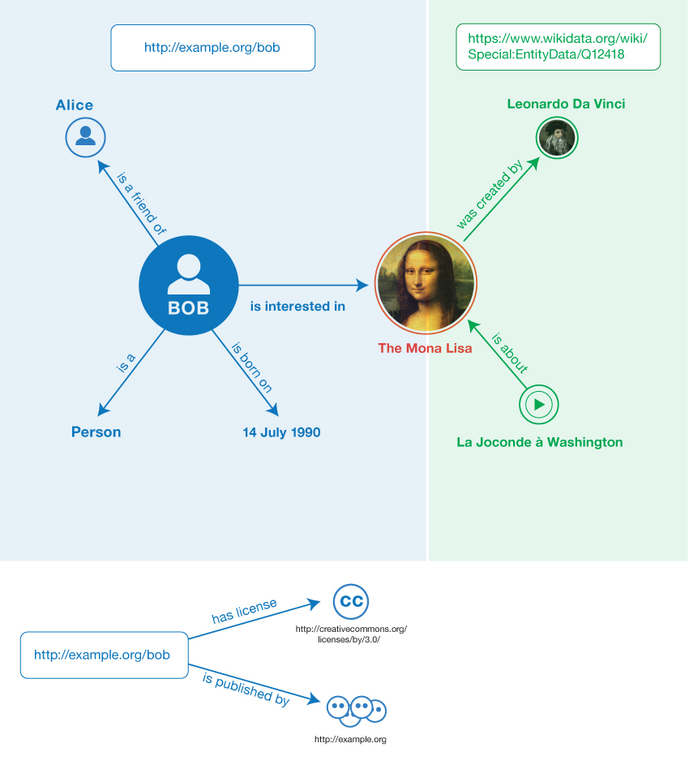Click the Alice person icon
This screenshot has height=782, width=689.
tap(85, 136)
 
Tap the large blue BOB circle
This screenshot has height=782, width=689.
tap(188, 285)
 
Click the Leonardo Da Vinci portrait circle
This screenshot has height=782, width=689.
tap(558, 138)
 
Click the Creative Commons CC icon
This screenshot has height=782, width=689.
tap(351, 601)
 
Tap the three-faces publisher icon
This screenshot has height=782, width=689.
tap(356, 710)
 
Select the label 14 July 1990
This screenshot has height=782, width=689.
tap(281, 432)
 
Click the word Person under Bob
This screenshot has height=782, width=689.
tap(96, 432)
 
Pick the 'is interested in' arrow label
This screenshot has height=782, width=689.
tap(297, 306)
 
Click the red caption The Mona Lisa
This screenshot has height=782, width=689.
tap(425, 348)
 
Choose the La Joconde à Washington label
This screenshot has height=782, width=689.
tap(540, 442)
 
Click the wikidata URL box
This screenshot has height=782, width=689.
tap(558, 48)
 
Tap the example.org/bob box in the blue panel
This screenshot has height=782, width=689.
tap(212, 48)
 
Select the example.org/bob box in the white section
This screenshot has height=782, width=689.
tap(102, 654)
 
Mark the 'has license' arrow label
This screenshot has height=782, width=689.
tap(244, 611)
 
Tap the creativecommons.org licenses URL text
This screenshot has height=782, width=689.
tap(351, 634)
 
